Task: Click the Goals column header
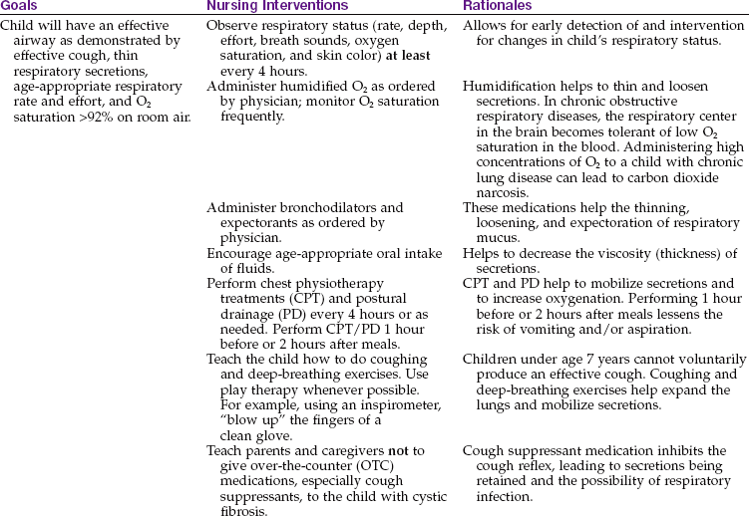20,6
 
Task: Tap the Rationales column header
496,6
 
